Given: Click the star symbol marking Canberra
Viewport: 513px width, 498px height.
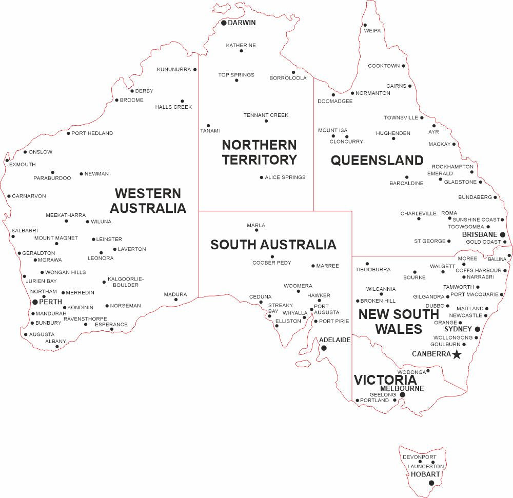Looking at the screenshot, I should [457, 354].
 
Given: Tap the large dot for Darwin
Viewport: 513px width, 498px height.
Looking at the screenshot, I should [224, 23].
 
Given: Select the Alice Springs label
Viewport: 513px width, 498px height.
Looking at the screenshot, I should [285, 177].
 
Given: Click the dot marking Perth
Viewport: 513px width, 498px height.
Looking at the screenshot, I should [35, 302].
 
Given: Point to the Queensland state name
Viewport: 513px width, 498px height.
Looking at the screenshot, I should [377, 161].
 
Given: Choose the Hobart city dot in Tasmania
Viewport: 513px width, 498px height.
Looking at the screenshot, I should [431, 483].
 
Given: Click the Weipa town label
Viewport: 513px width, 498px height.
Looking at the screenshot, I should [372, 31].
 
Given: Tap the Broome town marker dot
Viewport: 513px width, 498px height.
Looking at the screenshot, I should [116, 101].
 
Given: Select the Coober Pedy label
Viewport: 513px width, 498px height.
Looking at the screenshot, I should [272, 263].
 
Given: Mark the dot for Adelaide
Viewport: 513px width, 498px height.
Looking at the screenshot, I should [323, 348].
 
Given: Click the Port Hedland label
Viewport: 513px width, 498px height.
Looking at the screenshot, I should [92, 133].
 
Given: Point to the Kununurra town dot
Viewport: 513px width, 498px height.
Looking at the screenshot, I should [195, 69].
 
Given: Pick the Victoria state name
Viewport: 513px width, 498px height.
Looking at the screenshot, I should [385, 380].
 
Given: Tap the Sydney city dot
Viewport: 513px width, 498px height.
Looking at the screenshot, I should [477, 329].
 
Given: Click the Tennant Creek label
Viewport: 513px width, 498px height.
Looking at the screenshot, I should [266, 115].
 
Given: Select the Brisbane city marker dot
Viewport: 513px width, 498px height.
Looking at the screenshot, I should [503, 234].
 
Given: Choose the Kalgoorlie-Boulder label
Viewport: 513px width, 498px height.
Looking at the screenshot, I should [126, 282].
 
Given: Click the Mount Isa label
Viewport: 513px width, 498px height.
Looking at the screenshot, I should [332, 130].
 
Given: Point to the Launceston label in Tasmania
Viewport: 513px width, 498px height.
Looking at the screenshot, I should [426, 467].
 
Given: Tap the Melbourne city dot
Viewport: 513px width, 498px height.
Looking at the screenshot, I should [403, 395].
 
